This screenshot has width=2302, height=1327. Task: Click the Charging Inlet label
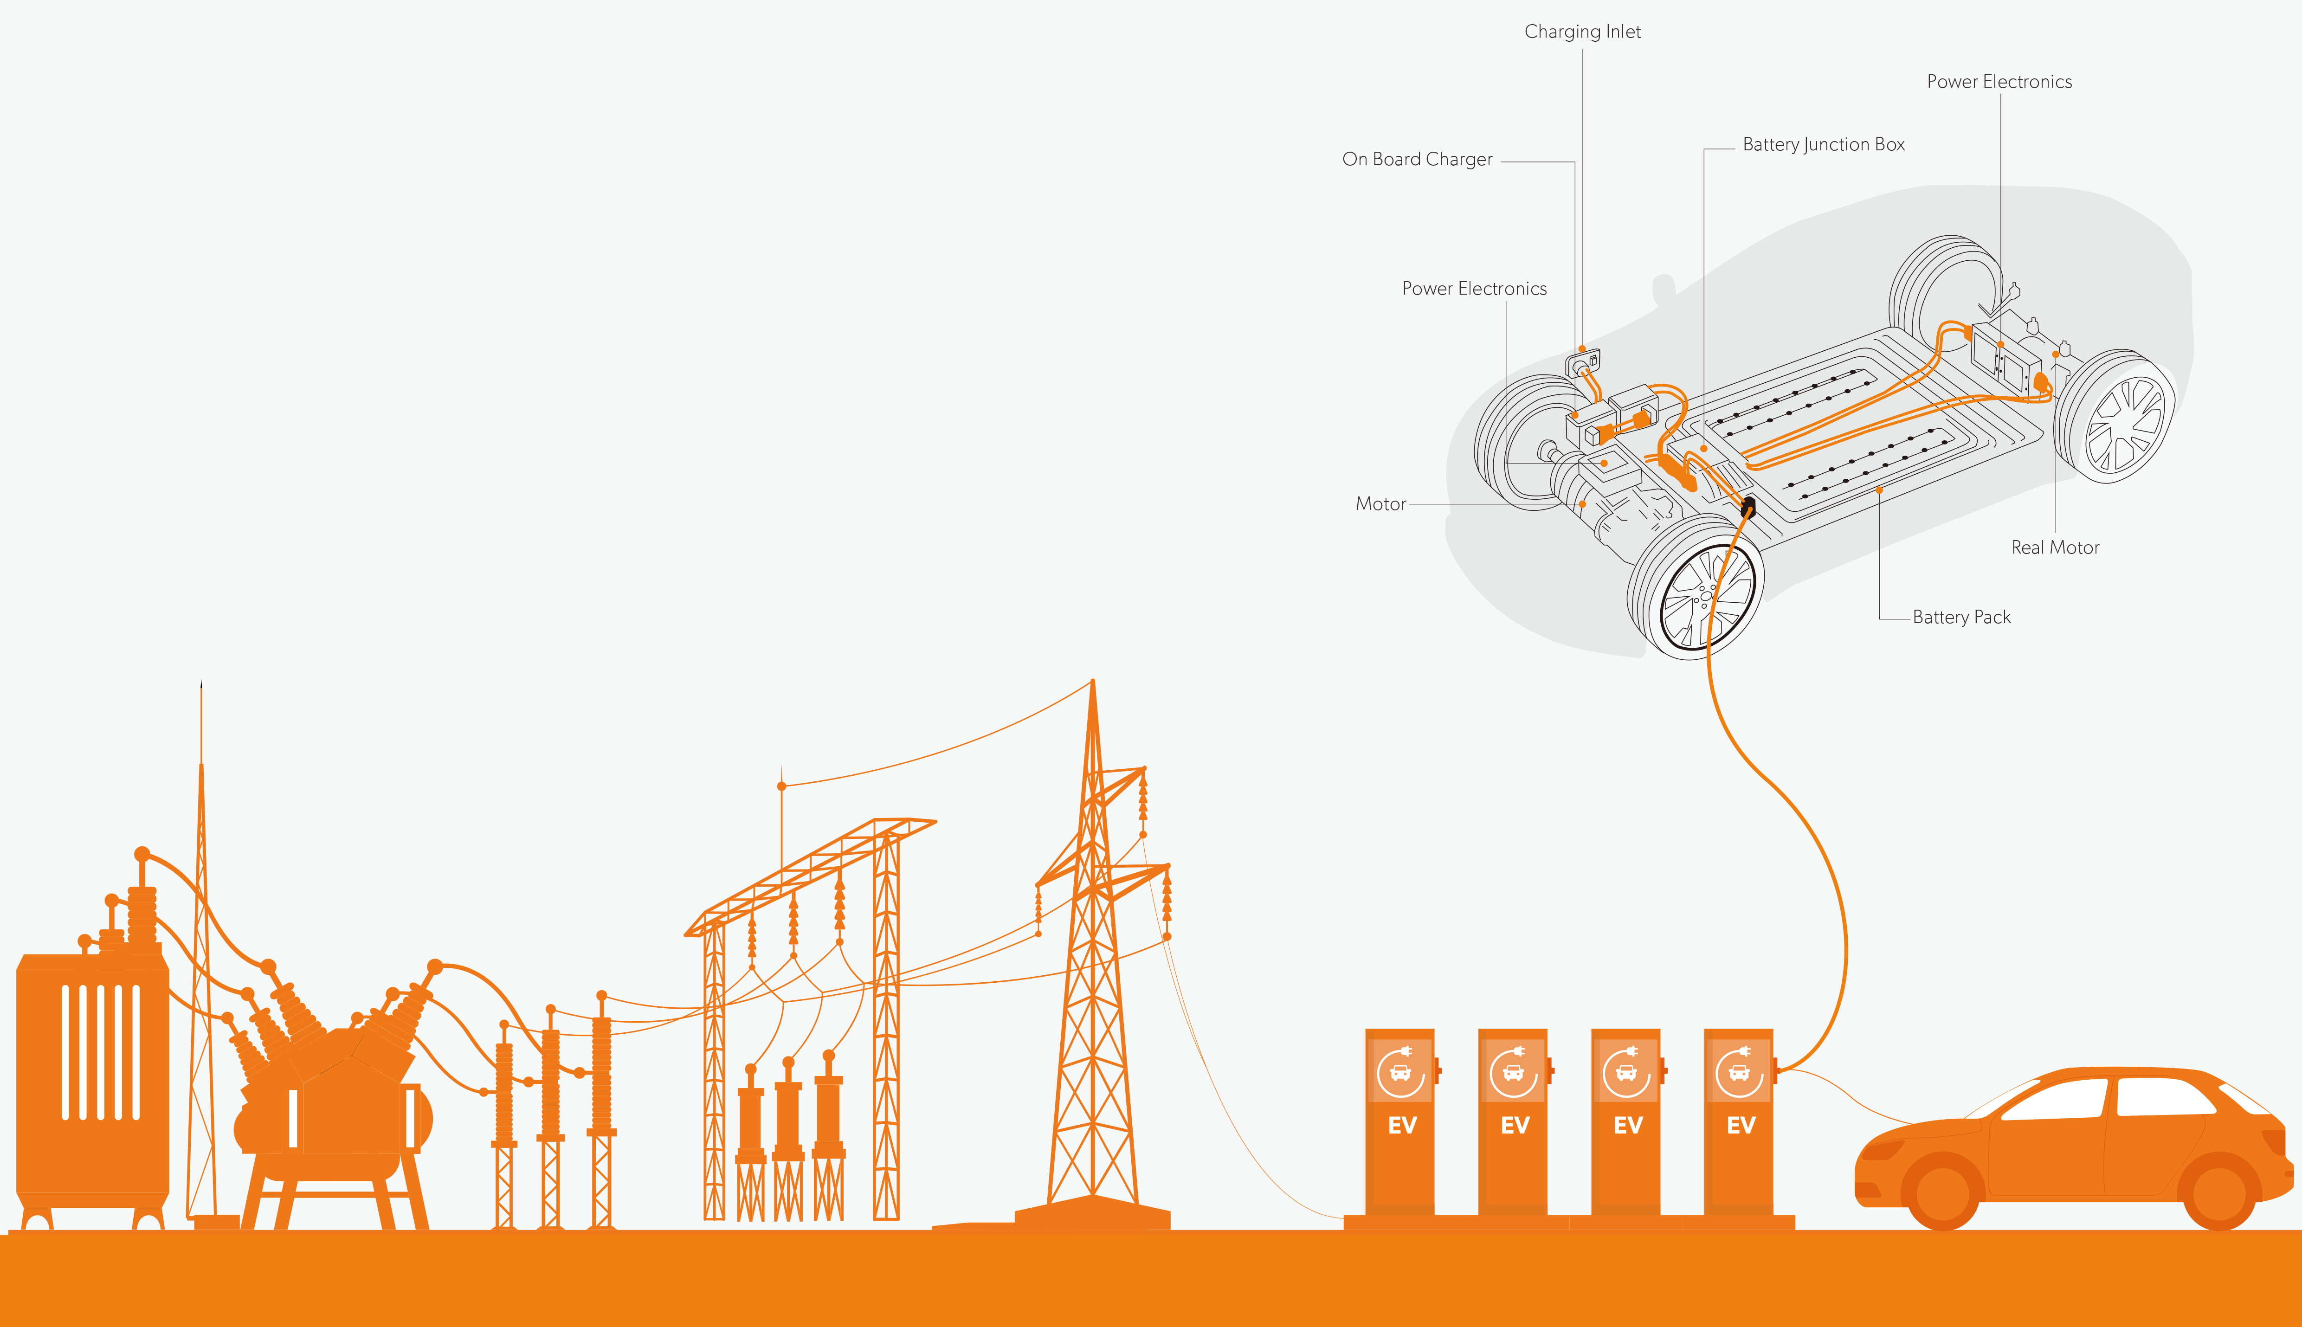pyautogui.click(x=1582, y=32)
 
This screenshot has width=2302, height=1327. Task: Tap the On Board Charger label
pyautogui.click(x=1417, y=160)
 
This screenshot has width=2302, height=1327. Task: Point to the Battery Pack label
pyautogui.click(x=1961, y=617)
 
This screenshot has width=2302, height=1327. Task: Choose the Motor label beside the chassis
pyautogui.click(x=1380, y=504)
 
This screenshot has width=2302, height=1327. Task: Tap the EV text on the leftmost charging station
pyautogui.click(x=1402, y=1126)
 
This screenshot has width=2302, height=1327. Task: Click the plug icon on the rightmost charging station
pyautogui.click(x=1743, y=1052)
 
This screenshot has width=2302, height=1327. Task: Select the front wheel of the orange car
pyautogui.click(x=1942, y=1191)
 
